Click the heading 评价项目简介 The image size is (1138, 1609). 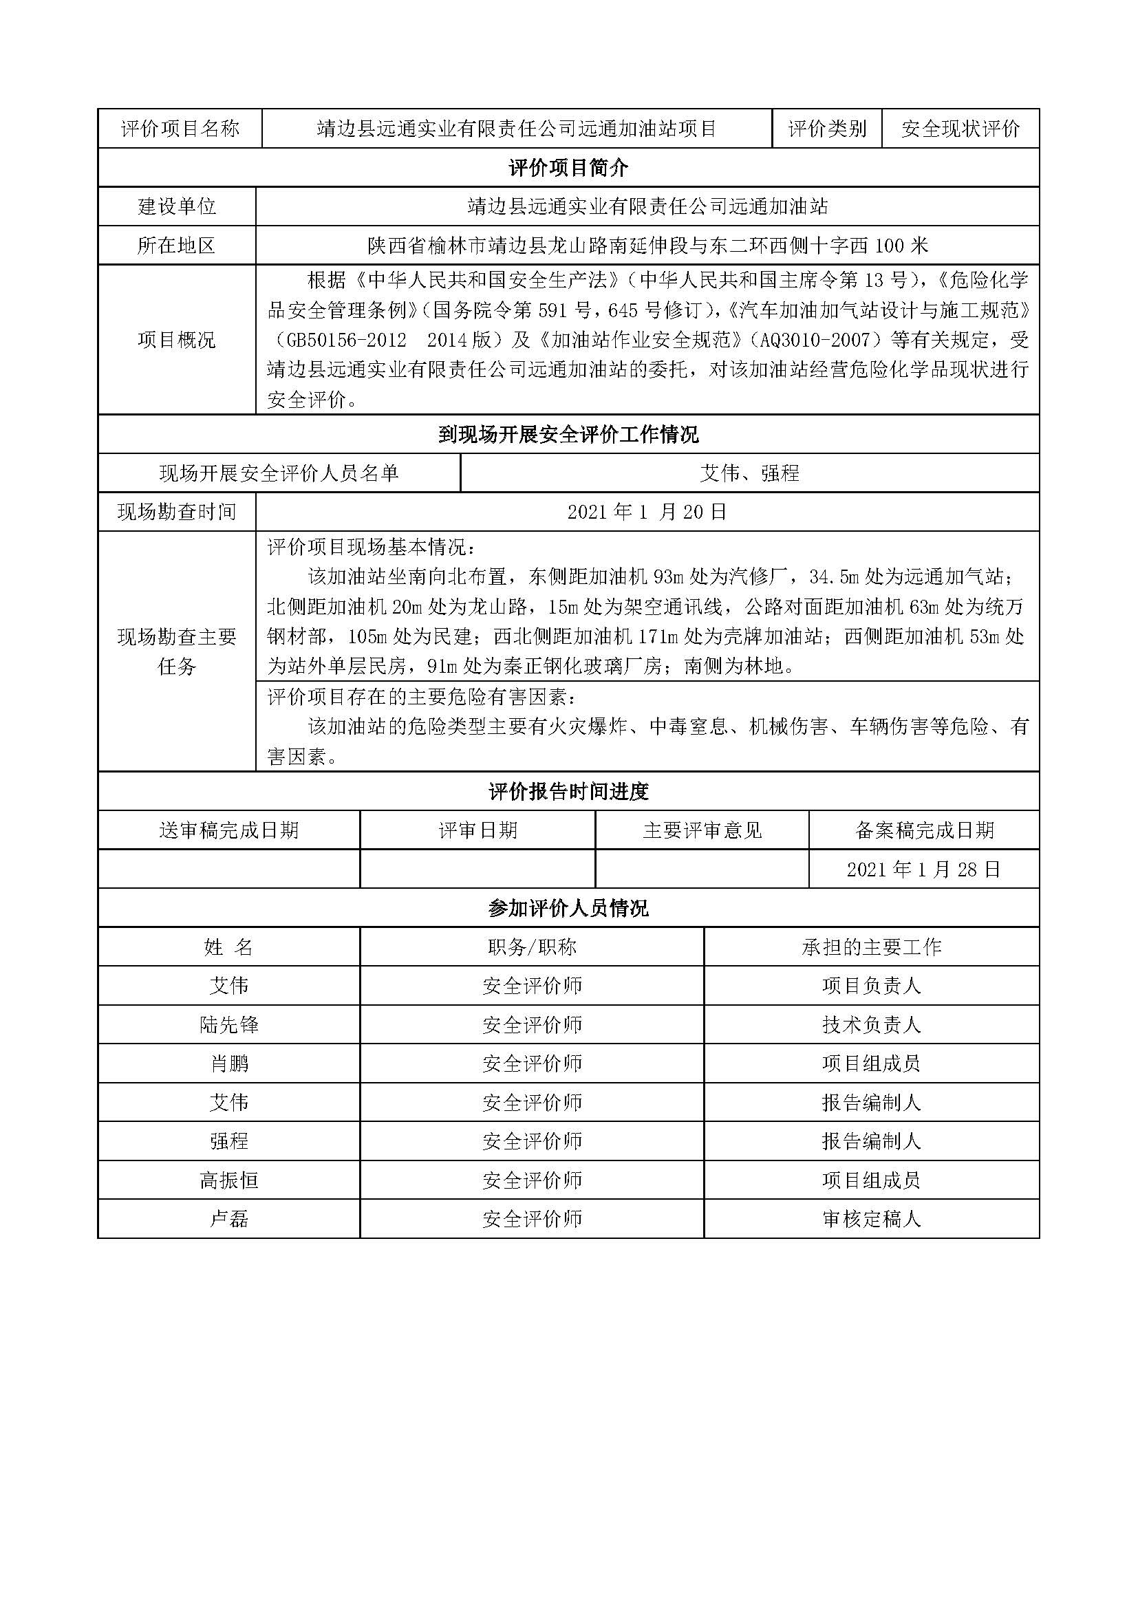tap(568, 167)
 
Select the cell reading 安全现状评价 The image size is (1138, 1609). tap(960, 129)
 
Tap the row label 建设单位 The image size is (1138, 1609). tap(177, 207)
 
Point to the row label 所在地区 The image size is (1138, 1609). tap(177, 246)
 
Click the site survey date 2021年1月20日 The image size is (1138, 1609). tap(647, 512)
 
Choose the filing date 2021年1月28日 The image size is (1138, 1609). tap(923, 870)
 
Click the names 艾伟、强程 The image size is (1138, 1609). tap(749, 474)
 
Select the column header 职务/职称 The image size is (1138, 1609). tap(532, 947)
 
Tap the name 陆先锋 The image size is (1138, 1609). tap(229, 1025)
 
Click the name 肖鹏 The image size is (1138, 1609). tap(229, 1063)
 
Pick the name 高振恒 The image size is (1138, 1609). tap(229, 1181)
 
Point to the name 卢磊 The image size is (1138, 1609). tap(229, 1220)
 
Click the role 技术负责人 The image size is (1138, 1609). tap(871, 1025)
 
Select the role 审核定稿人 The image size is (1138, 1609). tap(871, 1220)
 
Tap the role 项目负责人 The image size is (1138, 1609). tap(871, 986)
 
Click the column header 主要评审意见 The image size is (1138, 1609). tap(702, 831)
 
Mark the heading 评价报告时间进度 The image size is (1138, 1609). tap(568, 792)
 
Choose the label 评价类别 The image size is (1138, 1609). tap(827, 129)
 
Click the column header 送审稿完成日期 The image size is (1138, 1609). tap(229, 831)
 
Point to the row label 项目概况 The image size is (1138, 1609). tap(177, 341)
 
